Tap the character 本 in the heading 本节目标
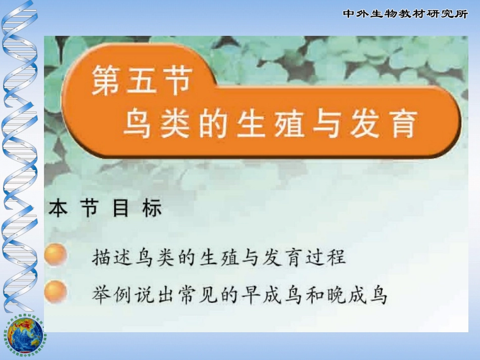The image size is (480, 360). pyautogui.click(x=59, y=209)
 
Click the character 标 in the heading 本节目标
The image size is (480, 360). pyautogui.click(x=152, y=209)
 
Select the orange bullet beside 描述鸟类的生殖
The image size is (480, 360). pyautogui.click(x=56, y=255)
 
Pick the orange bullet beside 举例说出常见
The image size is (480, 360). pyautogui.click(x=56, y=292)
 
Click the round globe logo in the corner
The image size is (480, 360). pyautogui.click(x=25, y=335)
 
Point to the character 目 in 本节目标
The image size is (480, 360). pyautogui.click(x=120, y=209)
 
